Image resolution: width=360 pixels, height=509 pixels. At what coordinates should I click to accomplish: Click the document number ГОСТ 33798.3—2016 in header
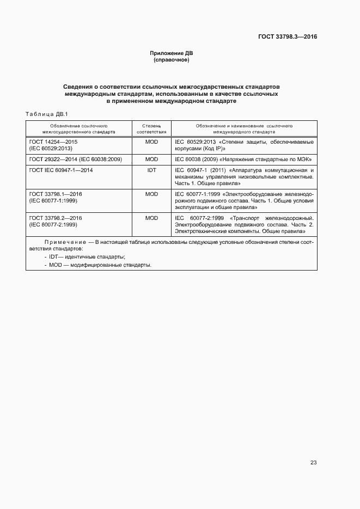[288, 37]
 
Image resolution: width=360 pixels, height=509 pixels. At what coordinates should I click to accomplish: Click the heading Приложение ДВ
[172, 53]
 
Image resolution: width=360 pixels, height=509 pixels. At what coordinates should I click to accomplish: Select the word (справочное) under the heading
[172, 60]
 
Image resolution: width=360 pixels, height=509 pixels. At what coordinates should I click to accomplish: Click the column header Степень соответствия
[151, 128]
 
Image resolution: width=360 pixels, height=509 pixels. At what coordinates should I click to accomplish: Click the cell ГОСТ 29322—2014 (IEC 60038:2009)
[75, 160]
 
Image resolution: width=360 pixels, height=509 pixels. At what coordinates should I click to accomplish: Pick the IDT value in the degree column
[151, 170]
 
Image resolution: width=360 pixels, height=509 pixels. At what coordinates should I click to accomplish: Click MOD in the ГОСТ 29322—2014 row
[151, 160]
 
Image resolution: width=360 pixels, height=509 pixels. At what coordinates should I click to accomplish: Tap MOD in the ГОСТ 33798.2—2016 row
[151, 218]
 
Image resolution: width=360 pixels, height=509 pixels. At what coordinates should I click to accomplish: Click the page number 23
[313, 462]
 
